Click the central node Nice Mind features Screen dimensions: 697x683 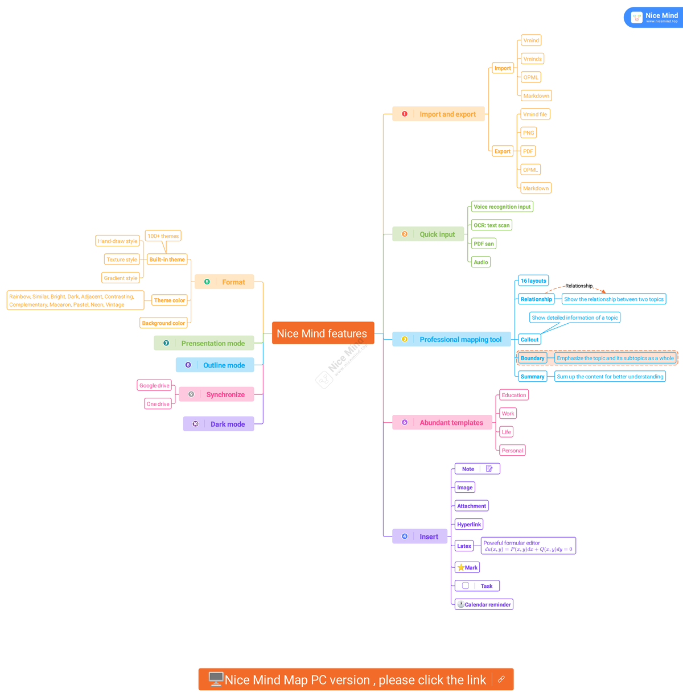(x=323, y=333)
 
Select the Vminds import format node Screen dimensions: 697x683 (x=532, y=59)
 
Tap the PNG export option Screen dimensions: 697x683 (x=529, y=133)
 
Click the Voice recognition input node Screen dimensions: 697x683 (x=502, y=207)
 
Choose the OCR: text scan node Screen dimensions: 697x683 (x=491, y=225)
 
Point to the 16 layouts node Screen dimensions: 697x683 (x=533, y=281)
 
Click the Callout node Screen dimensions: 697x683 (x=529, y=340)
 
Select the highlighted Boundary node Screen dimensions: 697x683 (x=532, y=358)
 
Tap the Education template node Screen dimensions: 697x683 (x=514, y=395)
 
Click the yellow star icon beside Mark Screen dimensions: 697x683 (x=461, y=567)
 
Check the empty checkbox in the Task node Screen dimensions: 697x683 (x=466, y=585)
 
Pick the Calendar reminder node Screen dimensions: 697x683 (x=484, y=604)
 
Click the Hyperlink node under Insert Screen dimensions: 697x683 (x=469, y=525)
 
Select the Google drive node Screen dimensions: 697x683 (x=154, y=386)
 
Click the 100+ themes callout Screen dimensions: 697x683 (x=163, y=236)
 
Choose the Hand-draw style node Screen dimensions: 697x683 (x=117, y=241)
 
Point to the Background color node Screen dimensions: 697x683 (x=163, y=323)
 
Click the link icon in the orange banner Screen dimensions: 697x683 (x=501, y=679)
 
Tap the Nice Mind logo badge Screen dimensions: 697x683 (x=653, y=18)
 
